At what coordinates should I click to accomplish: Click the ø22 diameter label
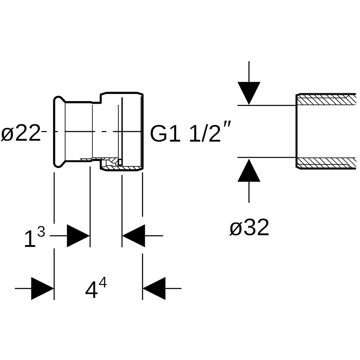[21, 133]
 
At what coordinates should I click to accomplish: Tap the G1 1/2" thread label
[190, 133]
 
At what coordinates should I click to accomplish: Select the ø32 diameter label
[249, 228]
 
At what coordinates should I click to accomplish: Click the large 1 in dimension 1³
[30, 239]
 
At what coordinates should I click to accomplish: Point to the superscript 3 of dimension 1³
[41, 232]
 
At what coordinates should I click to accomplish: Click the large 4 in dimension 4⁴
[91, 289]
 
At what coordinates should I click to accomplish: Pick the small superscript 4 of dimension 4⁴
[103, 282]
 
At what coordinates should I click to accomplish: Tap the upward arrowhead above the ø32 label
[249, 171]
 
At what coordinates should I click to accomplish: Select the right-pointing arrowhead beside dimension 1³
[78, 236]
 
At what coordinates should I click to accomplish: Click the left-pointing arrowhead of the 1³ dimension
[134, 236]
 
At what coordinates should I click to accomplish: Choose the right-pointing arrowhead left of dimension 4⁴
[42, 288]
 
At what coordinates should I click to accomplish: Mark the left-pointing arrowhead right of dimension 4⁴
[154, 288]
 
